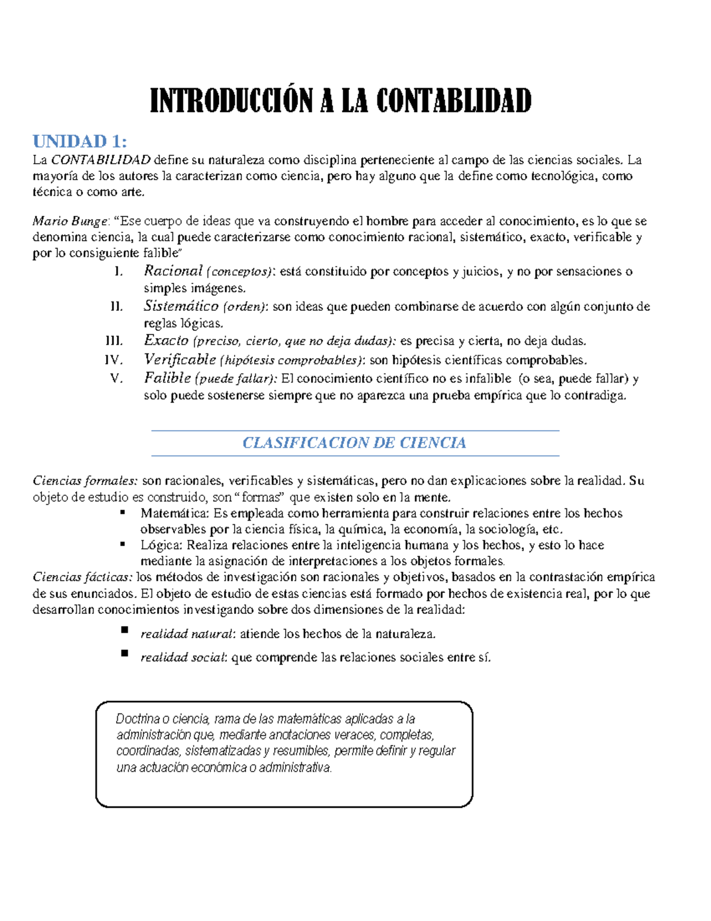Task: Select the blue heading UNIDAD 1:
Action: [79, 141]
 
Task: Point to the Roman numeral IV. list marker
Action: [113, 360]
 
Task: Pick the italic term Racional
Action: [173, 271]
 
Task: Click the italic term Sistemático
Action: [181, 306]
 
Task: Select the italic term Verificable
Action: [180, 359]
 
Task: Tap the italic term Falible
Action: [167, 378]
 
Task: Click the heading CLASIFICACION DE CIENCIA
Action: [354, 443]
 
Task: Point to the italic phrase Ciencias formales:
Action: [85, 480]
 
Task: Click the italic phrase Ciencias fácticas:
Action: [83, 577]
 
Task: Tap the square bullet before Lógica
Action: [123, 544]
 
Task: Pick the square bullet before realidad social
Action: [124, 653]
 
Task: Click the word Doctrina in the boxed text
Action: [137, 719]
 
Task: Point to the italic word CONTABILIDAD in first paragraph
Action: [101, 160]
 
